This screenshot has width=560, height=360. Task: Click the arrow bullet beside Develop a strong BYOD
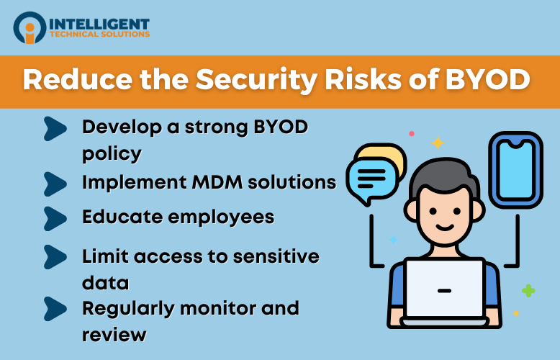(55, 127)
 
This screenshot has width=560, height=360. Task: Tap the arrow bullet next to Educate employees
(55, 217)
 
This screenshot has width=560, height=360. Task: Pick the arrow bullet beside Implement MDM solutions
(55, 181)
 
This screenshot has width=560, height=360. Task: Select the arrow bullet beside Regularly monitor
(55, 308)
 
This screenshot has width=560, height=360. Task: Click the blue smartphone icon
(515, 169)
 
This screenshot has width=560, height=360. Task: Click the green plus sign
(528, 291)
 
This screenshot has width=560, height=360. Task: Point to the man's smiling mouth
(443, 225)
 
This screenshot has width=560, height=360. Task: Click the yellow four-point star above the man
(437, 143)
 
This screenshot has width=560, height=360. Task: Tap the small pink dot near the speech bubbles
(412, 133)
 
